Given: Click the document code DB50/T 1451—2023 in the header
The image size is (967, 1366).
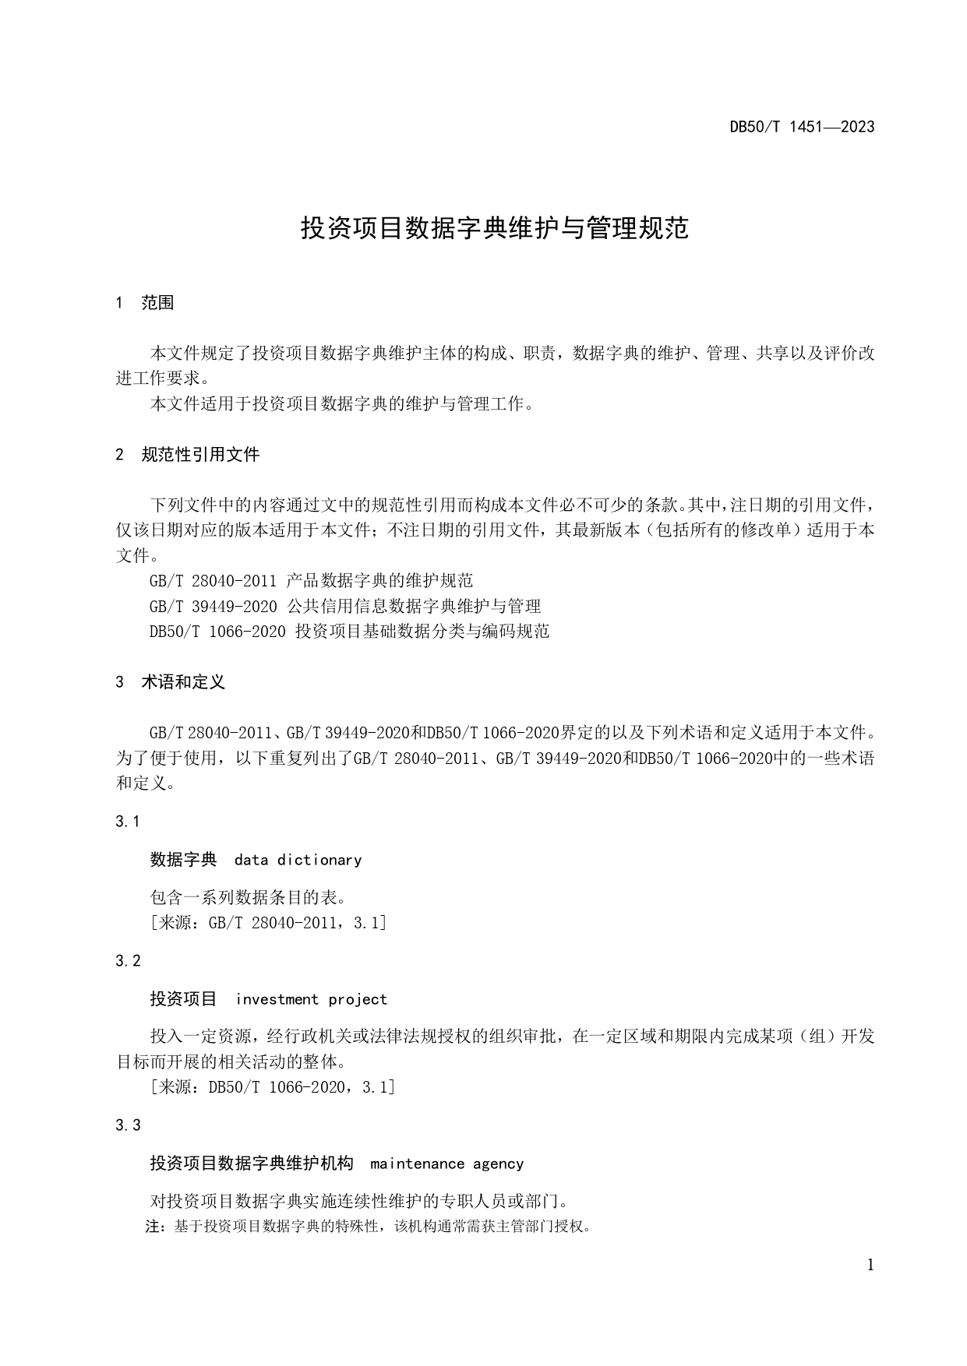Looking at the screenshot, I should point(802,127).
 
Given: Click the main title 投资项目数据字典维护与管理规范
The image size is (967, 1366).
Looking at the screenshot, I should point(495,228).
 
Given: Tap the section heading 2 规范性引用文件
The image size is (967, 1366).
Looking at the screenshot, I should point(188,455).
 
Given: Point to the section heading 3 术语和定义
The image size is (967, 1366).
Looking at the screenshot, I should point(171,682).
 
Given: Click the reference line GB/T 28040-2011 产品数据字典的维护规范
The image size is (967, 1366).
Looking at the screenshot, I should point(311,580).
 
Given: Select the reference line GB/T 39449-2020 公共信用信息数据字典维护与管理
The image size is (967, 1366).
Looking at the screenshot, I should point(344,606).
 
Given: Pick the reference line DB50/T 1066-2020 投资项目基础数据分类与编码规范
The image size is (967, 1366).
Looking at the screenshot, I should point(349,631).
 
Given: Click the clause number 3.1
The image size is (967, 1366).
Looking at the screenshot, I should point(127,822).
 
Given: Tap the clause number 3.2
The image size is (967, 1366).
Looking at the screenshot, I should point(128,961).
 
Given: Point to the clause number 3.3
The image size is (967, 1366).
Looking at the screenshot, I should point(128,1125).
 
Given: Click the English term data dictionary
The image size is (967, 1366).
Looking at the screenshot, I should point(298,860).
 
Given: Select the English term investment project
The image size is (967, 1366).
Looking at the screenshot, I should point(311,999).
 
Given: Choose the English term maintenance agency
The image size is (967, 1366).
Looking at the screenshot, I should point(446,1164).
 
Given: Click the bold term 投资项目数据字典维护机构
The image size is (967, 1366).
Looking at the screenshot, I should point(252,1164).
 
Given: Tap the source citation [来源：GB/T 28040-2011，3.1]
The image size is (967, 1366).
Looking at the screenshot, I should point(267,923).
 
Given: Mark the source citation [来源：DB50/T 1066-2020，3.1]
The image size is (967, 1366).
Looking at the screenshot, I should point(272,1087).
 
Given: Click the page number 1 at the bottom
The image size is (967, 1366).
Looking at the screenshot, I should point(870,1265).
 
